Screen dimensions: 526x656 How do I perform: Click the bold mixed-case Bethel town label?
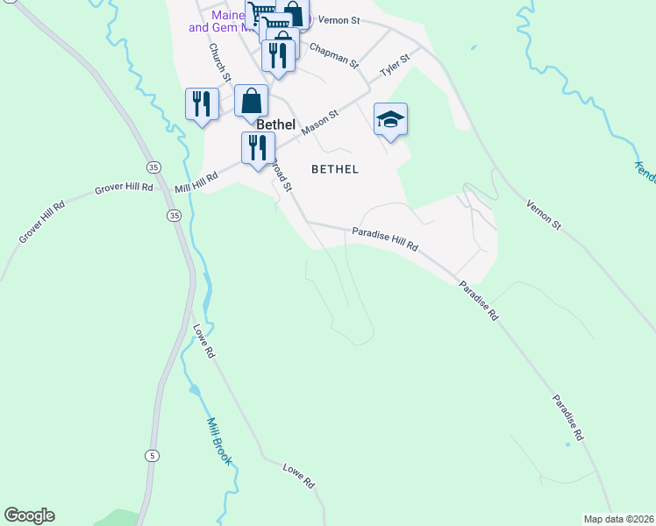click(275, 124)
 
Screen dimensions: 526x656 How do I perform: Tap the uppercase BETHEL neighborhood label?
click(335, 168)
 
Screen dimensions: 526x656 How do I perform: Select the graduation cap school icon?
click(390, 120)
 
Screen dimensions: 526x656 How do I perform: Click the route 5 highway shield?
click(153, 455)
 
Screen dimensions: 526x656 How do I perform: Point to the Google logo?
click(29, 515)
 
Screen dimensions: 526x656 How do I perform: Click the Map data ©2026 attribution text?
click(618, 518)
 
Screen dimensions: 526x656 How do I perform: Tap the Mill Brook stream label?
click(219, 441)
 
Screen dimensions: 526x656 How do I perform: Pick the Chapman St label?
click(334, 57)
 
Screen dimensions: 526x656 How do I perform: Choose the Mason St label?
click(319, 122)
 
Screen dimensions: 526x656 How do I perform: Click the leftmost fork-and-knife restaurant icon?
click(202, 104)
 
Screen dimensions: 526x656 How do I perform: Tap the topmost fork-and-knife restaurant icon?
click(278, 55)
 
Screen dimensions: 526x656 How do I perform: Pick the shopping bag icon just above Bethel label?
click(251, 101)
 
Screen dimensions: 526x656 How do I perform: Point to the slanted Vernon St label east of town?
click(544, 215)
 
